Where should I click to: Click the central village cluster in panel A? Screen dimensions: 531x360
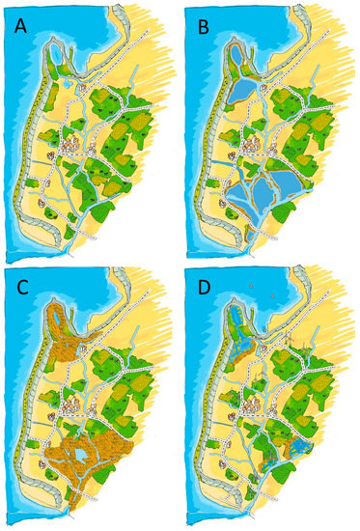click(70, 145)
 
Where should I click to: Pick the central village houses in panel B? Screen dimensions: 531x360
click(254, 145)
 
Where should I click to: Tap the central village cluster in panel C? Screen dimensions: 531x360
click(70, 406)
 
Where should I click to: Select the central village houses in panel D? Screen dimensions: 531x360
click(254, 406)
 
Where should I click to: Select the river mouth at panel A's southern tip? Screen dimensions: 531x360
click(69, 248)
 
